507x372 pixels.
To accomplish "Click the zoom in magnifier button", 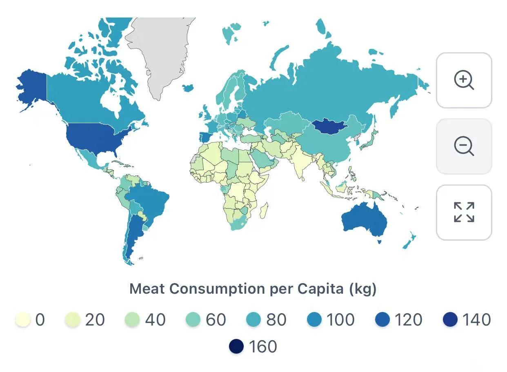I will point(464,80).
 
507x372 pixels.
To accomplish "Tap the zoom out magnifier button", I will point(464,146).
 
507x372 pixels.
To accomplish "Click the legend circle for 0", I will point(23,320).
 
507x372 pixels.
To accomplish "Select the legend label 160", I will point(263,347).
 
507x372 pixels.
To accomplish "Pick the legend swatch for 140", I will point(450,320).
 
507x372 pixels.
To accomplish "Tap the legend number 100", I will point(341,320).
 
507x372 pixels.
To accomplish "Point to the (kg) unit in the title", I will point(362,289).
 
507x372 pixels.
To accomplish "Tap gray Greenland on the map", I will point(161,53).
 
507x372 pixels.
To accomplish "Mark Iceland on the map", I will point(188,88).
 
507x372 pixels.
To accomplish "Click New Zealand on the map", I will point(409,241).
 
